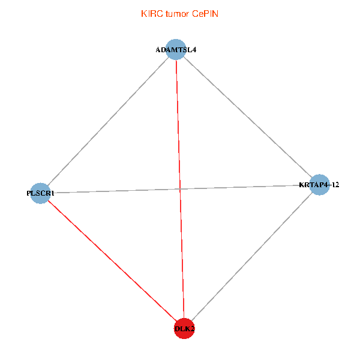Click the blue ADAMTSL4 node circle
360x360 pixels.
pyautogui.click(x=175, y=49)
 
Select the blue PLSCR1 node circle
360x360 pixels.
pyautogui.click(x=40, y=193)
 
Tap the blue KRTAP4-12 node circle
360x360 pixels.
pyautogui.click(x=320, y=184)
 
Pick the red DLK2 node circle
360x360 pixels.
pyautogui.click(x=184, y=328)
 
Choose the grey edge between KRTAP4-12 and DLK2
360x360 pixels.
pyautogui.click(x=252, y=256)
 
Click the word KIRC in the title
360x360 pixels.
pyautogui.click(x=150, y=13)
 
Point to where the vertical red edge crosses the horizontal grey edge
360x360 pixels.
pyautogui.click(x=180, y=189)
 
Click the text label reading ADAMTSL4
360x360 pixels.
pyautogui.click(x=176, y=50)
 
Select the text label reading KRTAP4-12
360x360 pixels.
pyautogui.click(x=319, y=185)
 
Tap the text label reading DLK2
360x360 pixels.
pyautogui.click(x=185, y=329)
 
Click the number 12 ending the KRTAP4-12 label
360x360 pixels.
pyautogui.click(x=335, y=185)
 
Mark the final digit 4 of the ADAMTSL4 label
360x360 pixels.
pyautogui.click(x=194, y=50)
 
